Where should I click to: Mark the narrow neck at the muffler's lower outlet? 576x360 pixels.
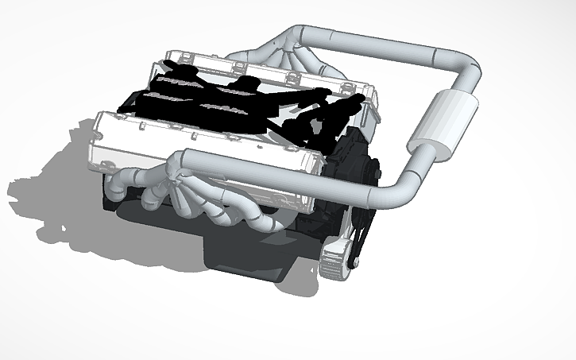click(x=416, y=147)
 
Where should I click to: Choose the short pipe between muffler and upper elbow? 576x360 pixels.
click(x=464, y=87)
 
